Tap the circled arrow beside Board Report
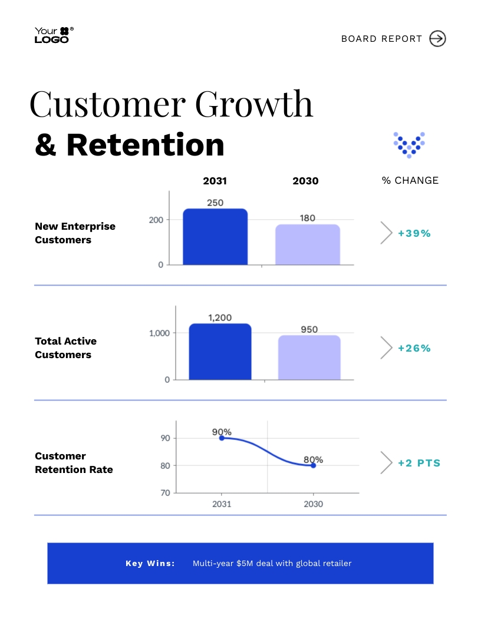tap(437, 39)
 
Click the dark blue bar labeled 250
tap(215, 237)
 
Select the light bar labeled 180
tap(308, 244)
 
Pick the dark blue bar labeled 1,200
tap(220, 352)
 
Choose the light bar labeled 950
tap(309, 358)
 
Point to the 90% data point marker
tap(222, 438)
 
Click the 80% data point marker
tap(313, 465)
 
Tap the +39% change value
tap(414, 233)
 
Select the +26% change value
tap(414, 348)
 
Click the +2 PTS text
tap(419, 463)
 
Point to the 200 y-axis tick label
tap(156, 220)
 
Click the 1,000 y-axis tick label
tap(159, 333)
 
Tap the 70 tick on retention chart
tap(165, 493)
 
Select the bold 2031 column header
tap(215, 181)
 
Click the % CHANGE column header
tap(410, 180)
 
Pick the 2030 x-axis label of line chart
tap(313, 504)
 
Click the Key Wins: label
tap(150, 564)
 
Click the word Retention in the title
tap(145, 145)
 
